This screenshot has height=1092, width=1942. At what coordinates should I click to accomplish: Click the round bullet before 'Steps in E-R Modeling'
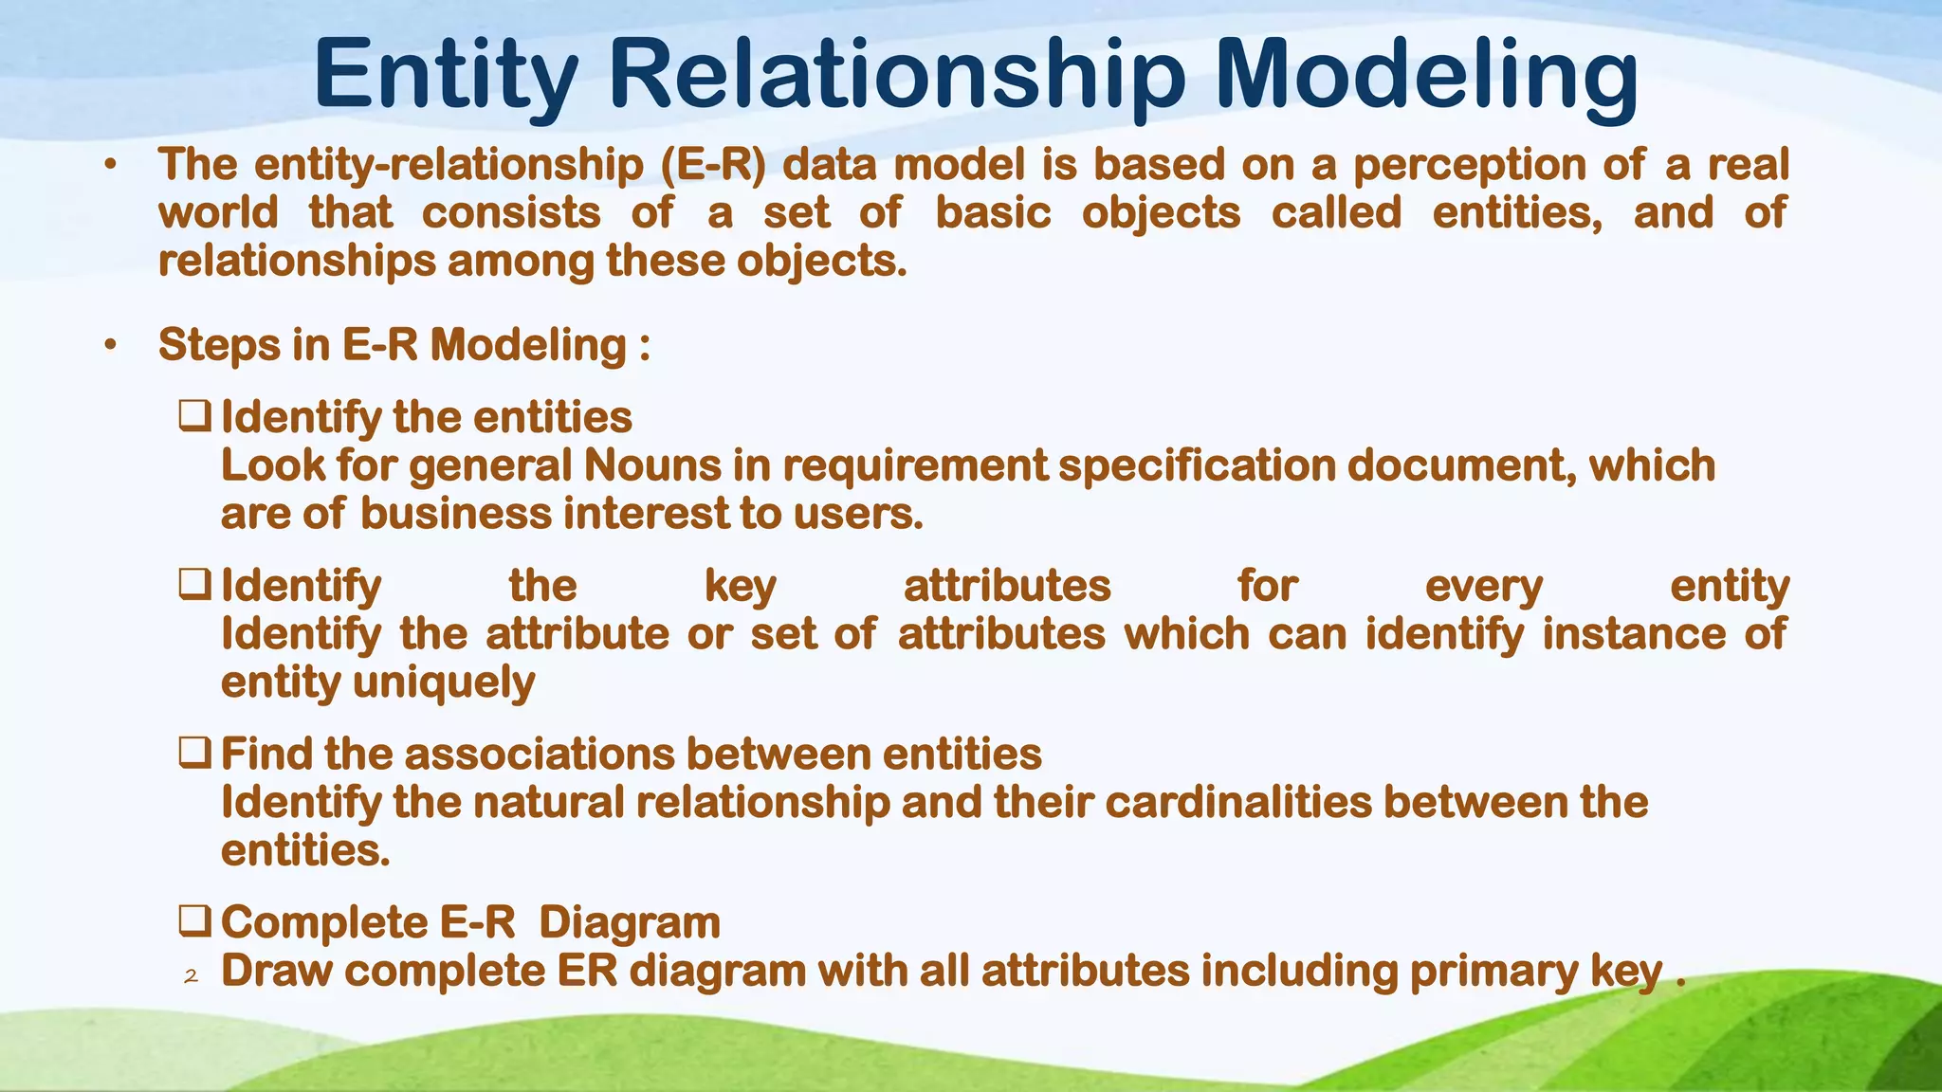111,346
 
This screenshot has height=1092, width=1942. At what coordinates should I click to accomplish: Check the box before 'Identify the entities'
194,416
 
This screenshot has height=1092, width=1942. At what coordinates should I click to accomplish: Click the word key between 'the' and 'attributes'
740,586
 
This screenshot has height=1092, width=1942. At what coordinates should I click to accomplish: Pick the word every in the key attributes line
1483,586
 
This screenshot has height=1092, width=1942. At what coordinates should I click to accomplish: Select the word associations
540,755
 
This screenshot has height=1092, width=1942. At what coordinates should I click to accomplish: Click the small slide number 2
191,976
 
